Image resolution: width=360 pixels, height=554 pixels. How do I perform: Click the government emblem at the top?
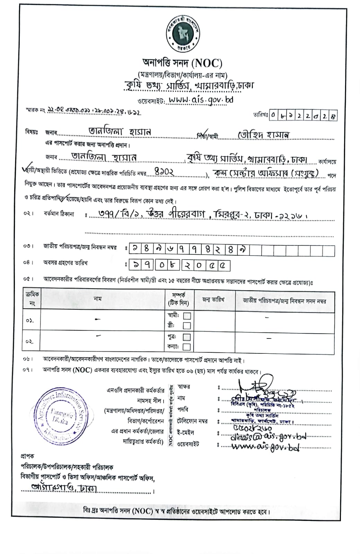point(182,33)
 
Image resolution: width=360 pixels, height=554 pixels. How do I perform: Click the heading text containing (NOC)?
point(182,63)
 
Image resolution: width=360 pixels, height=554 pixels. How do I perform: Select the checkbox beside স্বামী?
point(187,316)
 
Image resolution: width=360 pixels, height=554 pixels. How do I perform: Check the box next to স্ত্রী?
point(187,326)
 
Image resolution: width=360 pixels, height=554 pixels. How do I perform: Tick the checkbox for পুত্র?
point(187,337)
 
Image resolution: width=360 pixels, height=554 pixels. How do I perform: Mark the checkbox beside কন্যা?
point(187,347)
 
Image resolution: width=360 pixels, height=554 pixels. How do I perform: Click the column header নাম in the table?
point(98,299)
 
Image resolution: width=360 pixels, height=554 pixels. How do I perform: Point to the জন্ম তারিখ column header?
point(213,299)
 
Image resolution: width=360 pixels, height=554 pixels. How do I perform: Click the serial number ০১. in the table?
point(29,320)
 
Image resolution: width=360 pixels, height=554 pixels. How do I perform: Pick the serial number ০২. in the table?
point(29,342)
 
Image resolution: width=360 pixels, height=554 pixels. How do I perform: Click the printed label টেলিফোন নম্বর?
point(192,421)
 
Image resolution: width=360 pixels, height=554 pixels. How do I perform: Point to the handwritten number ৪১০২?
point(164,172)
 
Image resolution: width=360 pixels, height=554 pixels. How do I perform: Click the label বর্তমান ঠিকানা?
point(59,214)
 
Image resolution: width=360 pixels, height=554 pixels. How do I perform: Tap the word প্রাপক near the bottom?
point(27,456)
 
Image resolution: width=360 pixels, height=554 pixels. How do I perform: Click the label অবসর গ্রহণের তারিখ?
point(65,263)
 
